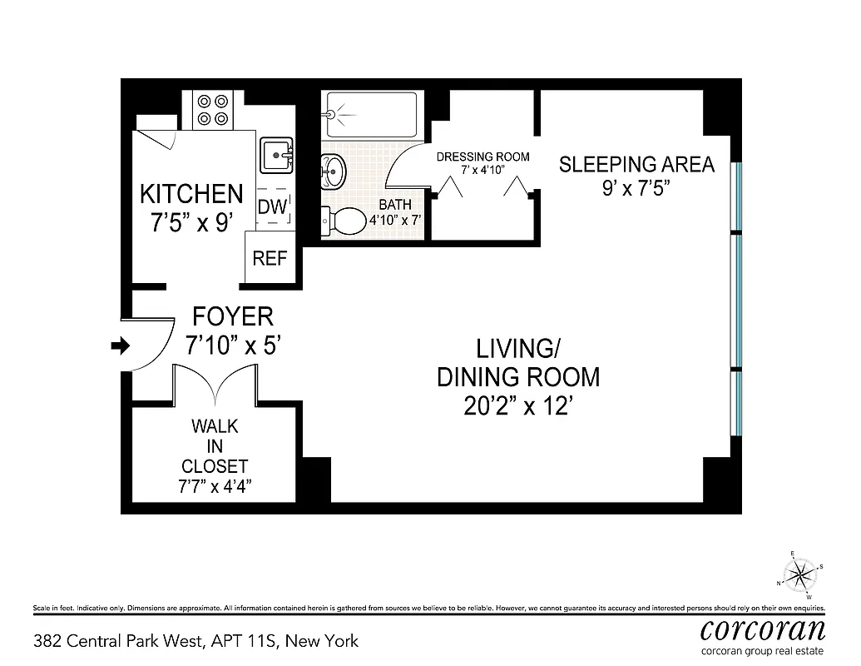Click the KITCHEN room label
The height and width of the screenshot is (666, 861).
click(x=191, y=194)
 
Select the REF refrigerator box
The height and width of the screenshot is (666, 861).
click(x=270, y=259)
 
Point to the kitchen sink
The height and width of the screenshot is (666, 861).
click(x=276, y=155)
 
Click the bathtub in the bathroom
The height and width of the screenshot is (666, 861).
click(x=370, y=115)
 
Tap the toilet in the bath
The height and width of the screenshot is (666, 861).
click(x=345, y=221)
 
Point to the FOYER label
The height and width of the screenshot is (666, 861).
click(x=232, y=316)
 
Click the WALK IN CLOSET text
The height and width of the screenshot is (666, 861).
click(x=215, y=446)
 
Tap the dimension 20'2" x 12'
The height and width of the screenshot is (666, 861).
click(x=518, y=406)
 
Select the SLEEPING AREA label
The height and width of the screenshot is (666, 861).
click(x=636, y=164)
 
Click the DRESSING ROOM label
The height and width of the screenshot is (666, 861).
click(x=482, y=157)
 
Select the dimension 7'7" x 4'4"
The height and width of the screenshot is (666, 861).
click(x=215, y=486)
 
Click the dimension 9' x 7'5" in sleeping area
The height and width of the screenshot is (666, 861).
click(x=636, y=188)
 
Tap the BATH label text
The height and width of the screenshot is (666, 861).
click(x=394, y=205)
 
